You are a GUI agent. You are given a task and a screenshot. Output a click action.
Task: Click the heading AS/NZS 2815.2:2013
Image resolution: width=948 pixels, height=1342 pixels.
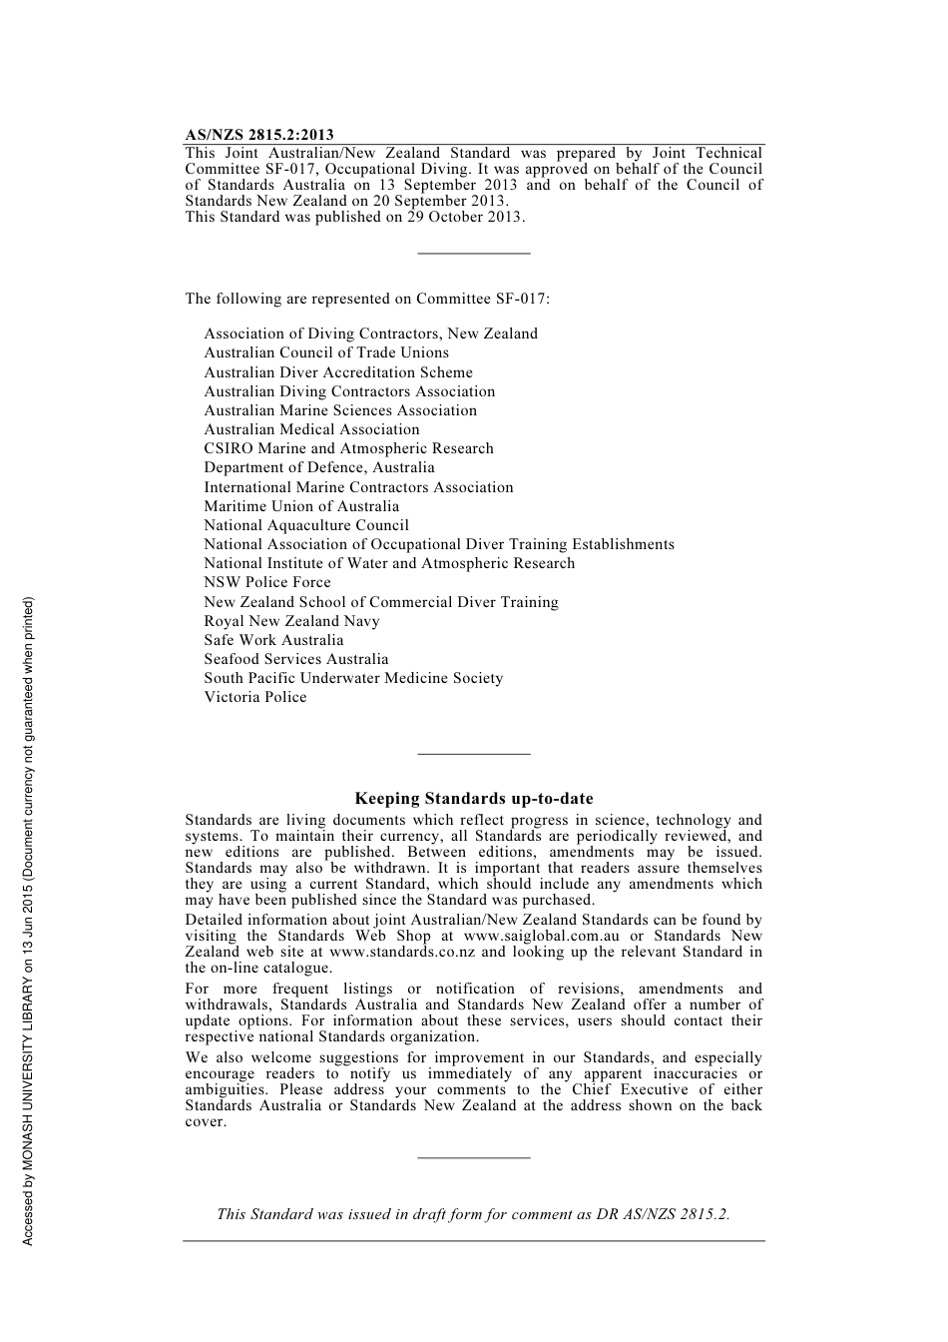coord(259,135)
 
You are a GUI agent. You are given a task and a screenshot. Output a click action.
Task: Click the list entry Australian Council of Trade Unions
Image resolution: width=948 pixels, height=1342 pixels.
coord(326,352)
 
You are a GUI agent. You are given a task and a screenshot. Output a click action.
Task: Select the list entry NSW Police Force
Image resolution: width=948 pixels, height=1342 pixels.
coord(267,582)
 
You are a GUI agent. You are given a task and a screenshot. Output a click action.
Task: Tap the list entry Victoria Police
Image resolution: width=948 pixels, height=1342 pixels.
coord(255,697)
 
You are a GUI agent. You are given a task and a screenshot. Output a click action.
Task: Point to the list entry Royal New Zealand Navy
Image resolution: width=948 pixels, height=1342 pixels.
coord(291,621)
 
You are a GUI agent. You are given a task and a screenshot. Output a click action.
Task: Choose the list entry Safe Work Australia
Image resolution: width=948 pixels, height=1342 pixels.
coord(273,640)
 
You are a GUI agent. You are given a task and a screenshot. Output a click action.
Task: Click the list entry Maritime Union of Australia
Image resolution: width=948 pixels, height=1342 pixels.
coord(301,506)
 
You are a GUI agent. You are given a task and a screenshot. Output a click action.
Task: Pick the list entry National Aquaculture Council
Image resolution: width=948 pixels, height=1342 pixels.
coord(306,525)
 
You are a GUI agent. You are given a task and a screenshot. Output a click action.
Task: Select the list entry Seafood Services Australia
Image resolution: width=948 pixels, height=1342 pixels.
coord(296,659)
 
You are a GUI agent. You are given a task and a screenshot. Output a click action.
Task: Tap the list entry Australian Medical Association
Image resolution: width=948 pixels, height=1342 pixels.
coord(311,429)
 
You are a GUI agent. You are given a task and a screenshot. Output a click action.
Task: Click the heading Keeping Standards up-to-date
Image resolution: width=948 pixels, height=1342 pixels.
coord(474,799)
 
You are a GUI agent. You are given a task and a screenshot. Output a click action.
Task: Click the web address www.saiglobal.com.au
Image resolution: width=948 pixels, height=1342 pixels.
coord(542,936)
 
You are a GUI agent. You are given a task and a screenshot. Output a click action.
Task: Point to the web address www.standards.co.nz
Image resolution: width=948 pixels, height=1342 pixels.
coord(402,952)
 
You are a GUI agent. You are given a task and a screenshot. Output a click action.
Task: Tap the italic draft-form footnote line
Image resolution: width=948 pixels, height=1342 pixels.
coord(473,1214)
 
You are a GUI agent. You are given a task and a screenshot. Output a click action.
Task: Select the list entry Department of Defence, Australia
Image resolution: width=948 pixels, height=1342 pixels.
coord(319,467)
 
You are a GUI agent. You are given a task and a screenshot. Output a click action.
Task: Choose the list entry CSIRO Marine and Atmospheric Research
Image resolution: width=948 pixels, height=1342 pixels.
coord(348,448)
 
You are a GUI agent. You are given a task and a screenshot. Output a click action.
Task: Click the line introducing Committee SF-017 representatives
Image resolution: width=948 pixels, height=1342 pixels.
coord(367,299)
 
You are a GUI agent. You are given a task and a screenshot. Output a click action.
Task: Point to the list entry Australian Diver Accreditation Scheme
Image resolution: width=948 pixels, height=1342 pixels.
coord(338,372)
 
